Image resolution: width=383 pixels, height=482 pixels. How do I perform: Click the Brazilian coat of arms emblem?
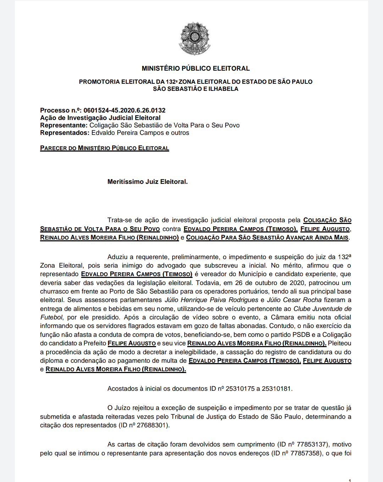click(x=194, y=38)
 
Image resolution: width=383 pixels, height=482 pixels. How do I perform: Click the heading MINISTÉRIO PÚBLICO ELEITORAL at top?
click(x=195, y=68)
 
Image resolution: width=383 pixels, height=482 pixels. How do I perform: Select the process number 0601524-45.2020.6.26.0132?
click(x=124, y=110)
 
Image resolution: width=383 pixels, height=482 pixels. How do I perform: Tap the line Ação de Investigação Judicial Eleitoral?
click(x=100, y=118)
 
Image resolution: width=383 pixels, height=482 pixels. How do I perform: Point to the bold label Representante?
click(x=63, y=125)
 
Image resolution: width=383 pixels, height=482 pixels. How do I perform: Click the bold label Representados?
click(x=65, y=133)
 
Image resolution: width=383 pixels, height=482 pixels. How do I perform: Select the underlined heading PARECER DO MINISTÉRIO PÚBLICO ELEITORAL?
click(x=104, y=148)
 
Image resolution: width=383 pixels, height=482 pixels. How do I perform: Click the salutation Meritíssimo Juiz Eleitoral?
click(x=147, y=182)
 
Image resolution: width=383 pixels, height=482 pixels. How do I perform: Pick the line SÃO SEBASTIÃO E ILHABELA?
click(x=195, y=89)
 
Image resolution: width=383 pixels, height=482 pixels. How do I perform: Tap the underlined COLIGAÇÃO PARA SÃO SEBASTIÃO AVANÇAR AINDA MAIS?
click(x=267, y=237)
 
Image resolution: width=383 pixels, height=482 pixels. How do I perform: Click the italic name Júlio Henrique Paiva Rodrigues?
click(x=211, y=300)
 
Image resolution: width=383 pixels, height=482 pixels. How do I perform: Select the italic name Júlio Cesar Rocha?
click(x=294, y=300)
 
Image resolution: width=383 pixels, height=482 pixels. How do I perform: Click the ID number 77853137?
click(x=311, y=444)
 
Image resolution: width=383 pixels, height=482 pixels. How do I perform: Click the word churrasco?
click(x=54, y=291)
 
